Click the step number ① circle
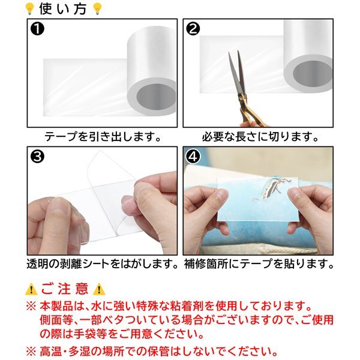[37, 29]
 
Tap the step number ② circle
[193, 29]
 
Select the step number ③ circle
[37, 157]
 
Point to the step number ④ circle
[193, 157]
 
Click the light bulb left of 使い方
[30, 9]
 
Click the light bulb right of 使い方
[97, 9]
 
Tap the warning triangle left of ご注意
[31, 289]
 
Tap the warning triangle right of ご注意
[99, 289]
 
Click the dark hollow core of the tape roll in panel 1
[156, 98]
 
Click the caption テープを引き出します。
[103, 137]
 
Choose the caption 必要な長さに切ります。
[260, 137]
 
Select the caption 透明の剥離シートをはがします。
[103, 264]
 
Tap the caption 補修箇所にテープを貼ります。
[259, 264]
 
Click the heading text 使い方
[63, 9]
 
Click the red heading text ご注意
[65, 289]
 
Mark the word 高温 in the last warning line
[51, 351]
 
